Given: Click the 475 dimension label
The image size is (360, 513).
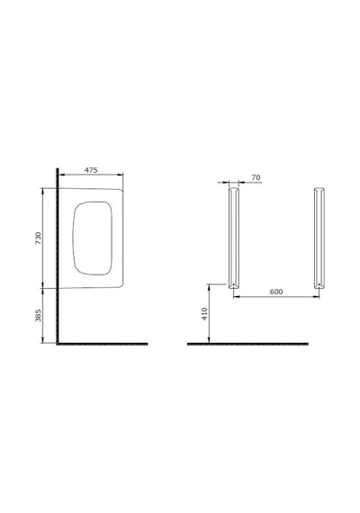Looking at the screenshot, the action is (x=91, y=170).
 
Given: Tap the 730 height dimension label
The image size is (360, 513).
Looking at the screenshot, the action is (x=39, y=238).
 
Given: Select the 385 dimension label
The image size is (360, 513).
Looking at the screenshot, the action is (x=39, y=315).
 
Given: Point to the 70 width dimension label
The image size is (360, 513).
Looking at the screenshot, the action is (x=256, y=177).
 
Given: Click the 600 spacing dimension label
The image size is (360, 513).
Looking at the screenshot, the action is (x=276, y=292).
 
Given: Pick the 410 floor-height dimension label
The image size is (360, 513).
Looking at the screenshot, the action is (x=204, y=314).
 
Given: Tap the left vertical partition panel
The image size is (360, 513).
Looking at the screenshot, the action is (x=234, y=238).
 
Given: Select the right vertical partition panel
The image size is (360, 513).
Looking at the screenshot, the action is (x=319, y=238).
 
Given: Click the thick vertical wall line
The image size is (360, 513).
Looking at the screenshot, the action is (x=58, y=256).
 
